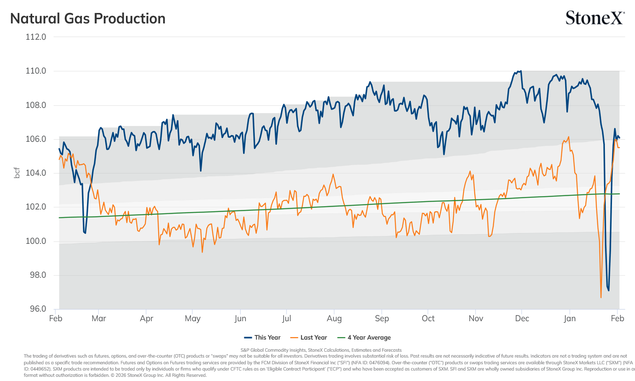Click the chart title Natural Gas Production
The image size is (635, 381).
click(87, 19)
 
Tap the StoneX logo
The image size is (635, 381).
click(595, 18)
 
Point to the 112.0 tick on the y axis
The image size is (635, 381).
click(36, 37)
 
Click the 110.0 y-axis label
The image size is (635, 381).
click(36, 71)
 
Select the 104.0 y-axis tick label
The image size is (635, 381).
click(36, 173)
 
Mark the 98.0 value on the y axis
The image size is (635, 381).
click(38, 275)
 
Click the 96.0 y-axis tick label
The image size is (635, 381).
click(38, 309)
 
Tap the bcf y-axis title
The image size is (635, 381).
click(17, 173)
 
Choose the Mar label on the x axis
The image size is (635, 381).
click(99, 319)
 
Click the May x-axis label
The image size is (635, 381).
click(192, 319)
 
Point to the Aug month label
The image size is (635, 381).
click(334, 319)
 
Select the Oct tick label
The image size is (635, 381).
click(428, 319)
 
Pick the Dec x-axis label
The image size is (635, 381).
click(522, 319)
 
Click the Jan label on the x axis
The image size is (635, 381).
click(569, 319)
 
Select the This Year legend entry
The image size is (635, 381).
click(262, 338)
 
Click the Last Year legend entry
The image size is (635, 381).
click(309, 338)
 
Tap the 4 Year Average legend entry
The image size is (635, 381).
click(364, 338)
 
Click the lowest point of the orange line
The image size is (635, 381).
click(601, 297)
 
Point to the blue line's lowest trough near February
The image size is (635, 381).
click(609, 290)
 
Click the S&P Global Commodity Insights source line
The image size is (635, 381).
click(321, 350)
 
